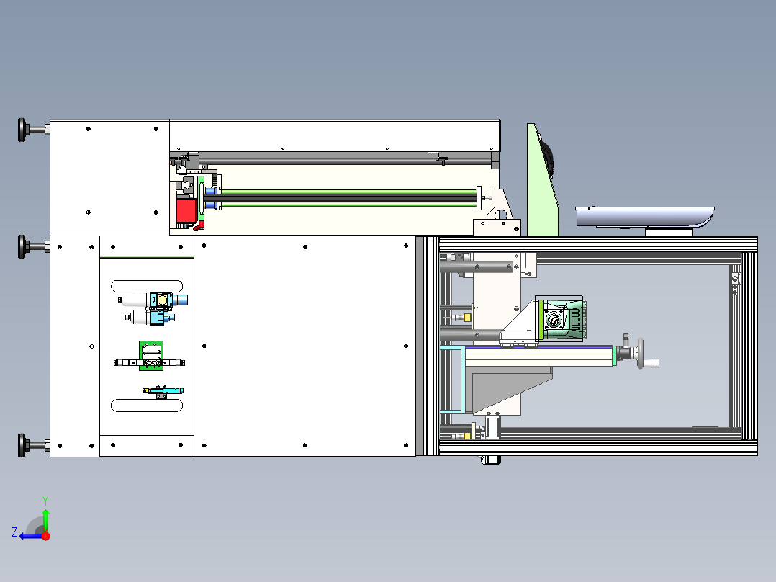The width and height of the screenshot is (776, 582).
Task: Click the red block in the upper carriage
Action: [186, 211]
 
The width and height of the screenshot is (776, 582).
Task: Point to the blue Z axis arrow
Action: [29, 535]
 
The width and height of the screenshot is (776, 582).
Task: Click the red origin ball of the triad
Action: [46, 535]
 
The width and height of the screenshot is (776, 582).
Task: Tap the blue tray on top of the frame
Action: [644, 215]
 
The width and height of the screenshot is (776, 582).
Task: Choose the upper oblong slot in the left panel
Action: [148, 285]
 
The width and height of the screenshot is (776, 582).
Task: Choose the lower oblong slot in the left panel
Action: [148, 406]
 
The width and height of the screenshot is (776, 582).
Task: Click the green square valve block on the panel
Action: [151, 354]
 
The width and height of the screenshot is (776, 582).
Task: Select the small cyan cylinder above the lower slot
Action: [165, 390]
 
